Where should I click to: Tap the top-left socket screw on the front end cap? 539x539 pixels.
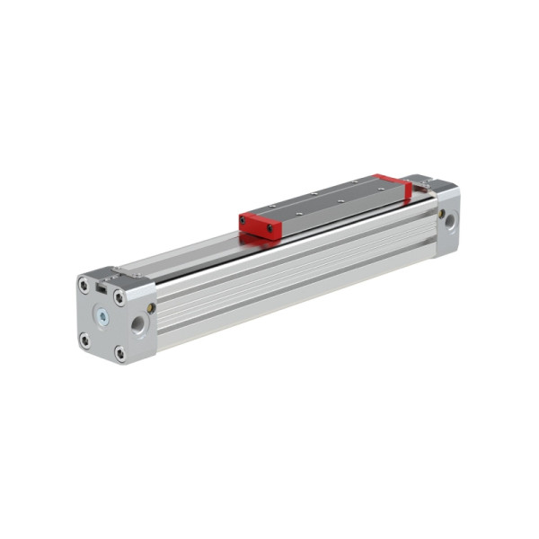[84, 287]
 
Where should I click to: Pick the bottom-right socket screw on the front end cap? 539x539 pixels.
[119, 352]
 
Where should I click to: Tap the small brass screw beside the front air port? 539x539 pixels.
[151, 308]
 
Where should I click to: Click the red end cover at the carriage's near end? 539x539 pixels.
[259, 225]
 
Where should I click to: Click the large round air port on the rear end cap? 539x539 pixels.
[449, 218]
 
